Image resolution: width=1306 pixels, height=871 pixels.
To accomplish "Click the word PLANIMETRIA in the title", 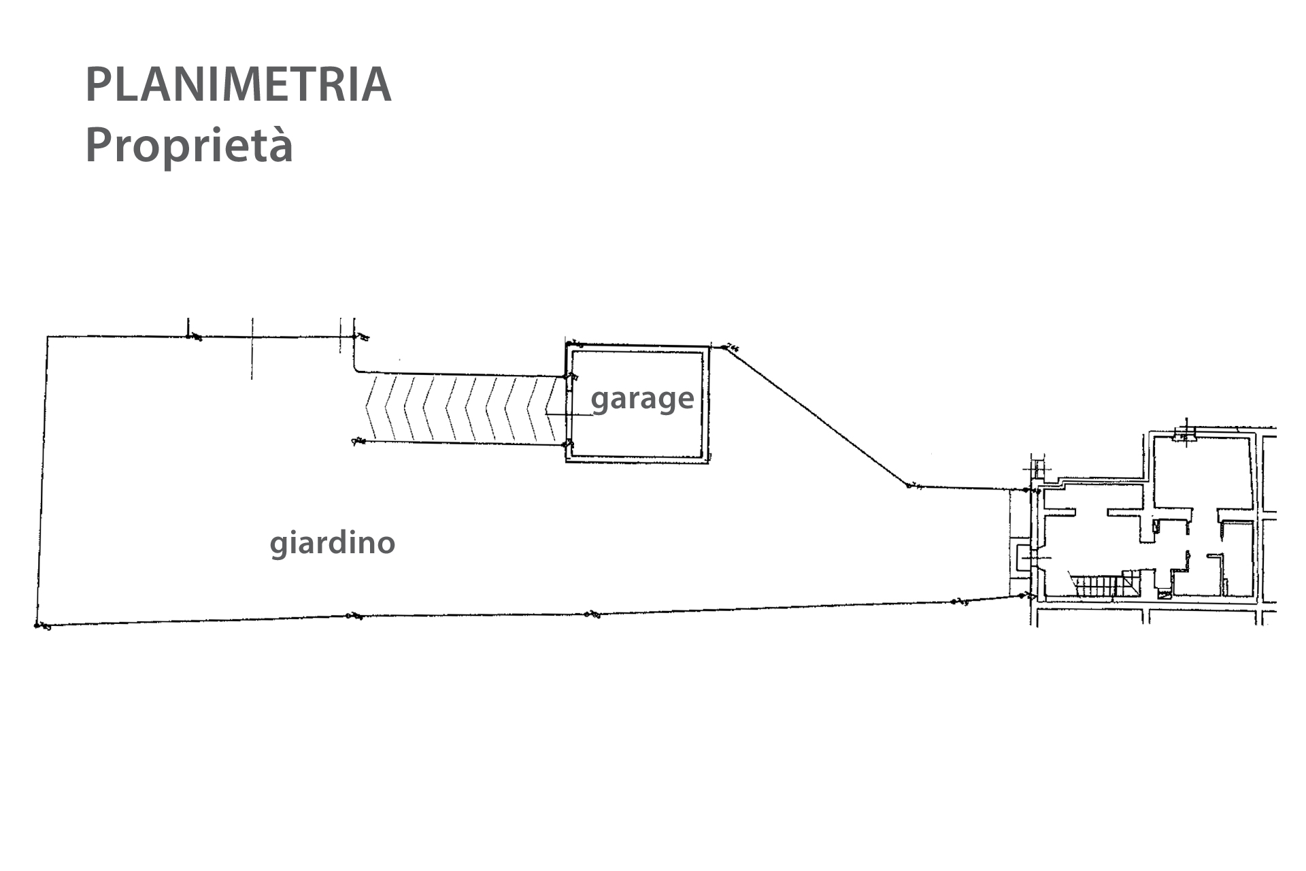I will coord(238,85).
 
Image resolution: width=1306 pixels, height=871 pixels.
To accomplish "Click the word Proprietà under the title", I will coord(189,145).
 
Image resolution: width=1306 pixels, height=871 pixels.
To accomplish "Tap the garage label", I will coord(642,398).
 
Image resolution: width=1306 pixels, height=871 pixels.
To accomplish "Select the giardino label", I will coord(333,543).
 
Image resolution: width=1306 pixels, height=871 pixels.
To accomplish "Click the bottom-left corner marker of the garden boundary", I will coord(37,625).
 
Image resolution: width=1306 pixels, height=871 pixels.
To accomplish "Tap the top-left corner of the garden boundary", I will coord(47,336).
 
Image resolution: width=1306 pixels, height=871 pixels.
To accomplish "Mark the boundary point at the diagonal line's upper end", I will coord(724,348).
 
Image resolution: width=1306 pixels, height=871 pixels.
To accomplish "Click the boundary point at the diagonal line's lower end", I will coord(909,486).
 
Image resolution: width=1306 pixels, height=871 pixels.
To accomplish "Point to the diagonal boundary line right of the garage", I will coord(816,416).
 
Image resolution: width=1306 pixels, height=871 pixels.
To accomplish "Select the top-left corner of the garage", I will coord(567,343).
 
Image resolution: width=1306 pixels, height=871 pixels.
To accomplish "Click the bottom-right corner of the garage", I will coord(708,461).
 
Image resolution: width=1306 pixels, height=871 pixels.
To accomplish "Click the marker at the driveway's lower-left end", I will coord(354,442).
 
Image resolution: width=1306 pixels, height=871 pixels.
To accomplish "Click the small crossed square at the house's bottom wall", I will coord(1165,595).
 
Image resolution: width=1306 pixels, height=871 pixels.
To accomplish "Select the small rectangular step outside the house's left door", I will coord(1021,559).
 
